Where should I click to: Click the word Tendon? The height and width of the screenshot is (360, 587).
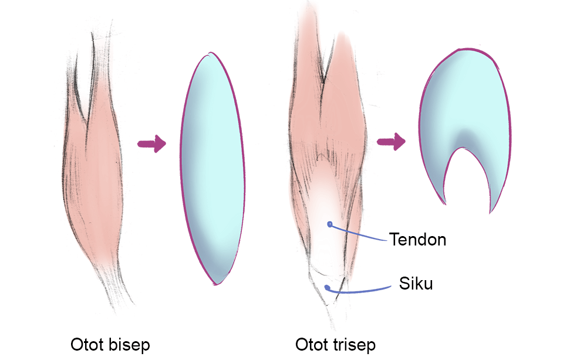click(x=417, y=240)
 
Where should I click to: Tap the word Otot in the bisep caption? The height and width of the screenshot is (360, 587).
click(x=87, y=345)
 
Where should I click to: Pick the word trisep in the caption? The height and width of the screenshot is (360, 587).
click(x=354, y=345)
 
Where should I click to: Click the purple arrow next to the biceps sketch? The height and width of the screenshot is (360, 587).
click(x=151, y=144)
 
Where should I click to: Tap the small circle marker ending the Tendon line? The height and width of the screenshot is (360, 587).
click(x=330, y=224)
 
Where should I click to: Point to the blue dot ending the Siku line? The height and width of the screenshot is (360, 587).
click(x=326, y=287)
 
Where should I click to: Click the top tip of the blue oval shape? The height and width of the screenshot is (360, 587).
click(x=209, y=54)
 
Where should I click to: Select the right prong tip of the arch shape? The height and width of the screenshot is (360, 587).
click(x=491, y=211)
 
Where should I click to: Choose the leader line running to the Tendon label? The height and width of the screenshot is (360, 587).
click(x=359, y=233)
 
